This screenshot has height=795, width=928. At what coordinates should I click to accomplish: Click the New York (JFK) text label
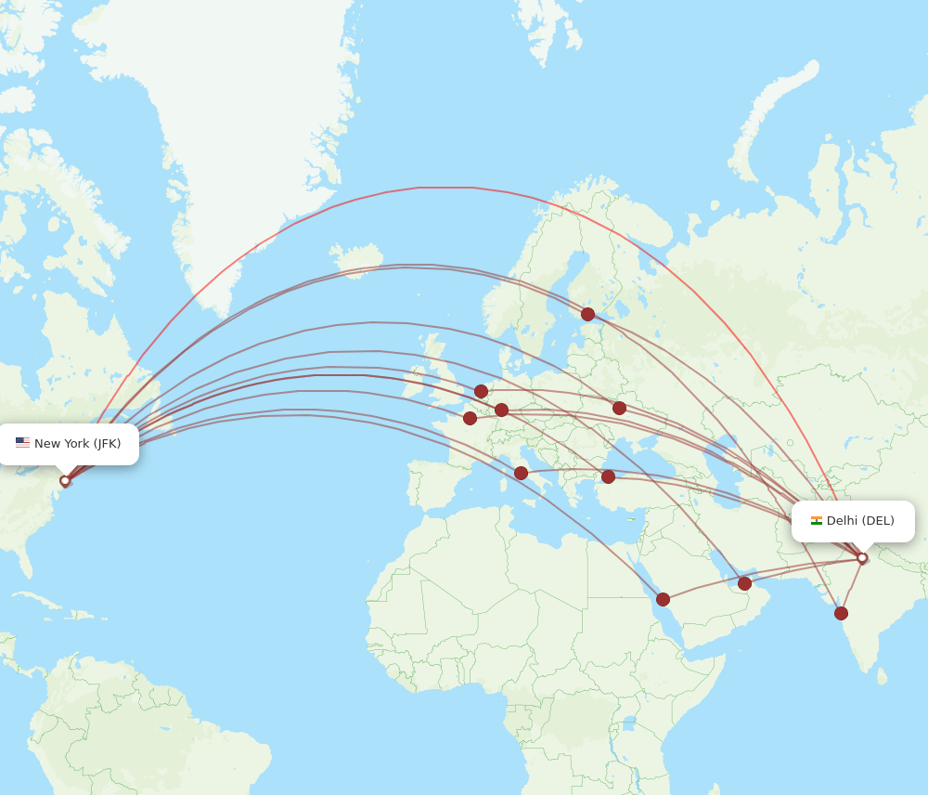(77, 444)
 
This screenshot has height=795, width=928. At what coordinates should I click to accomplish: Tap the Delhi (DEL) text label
(860, 521)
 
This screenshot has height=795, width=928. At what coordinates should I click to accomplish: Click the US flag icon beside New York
(22, 443)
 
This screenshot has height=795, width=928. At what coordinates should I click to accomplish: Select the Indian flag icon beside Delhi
(817, 521)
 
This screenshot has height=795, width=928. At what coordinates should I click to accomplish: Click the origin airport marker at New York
(65, 481)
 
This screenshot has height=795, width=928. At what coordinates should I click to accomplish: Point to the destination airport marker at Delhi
(862, 558)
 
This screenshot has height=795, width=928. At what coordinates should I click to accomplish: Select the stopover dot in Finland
(587, 314)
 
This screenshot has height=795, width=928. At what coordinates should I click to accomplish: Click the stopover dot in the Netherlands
(481, 391)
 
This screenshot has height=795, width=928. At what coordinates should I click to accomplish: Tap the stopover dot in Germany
(501, 410)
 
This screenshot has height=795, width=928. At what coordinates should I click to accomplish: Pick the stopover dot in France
(470, 418)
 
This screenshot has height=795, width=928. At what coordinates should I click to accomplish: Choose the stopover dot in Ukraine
(619, 408)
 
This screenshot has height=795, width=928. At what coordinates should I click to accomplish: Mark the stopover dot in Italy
(521, 473)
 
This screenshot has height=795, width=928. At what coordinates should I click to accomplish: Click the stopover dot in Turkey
(608, 476)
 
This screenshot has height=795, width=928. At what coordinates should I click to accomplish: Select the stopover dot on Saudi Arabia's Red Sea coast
(663, 599)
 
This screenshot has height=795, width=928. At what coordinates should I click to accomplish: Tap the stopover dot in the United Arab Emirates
(744, 583)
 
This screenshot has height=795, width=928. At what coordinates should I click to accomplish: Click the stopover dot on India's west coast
(841, 613)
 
